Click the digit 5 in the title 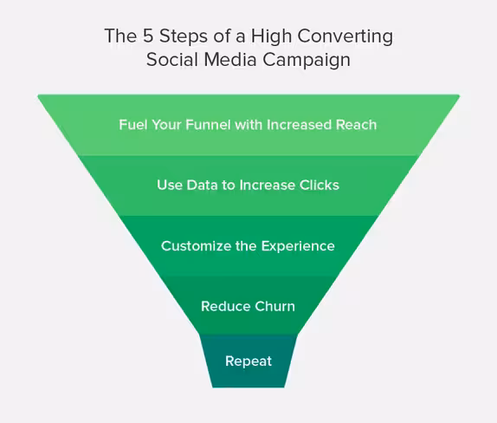click(x=148, y=36)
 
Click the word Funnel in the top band click(x=208, y=125)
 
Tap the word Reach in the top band click(x=356, y=125)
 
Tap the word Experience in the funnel click(x=298, y=247)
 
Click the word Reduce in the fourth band click(x=226, y=306)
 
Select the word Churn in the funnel click(x=274, y=306)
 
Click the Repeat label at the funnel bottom click(x=248, y=361)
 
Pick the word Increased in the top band click(x=299, y=125)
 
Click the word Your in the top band click(x=166, y=125)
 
